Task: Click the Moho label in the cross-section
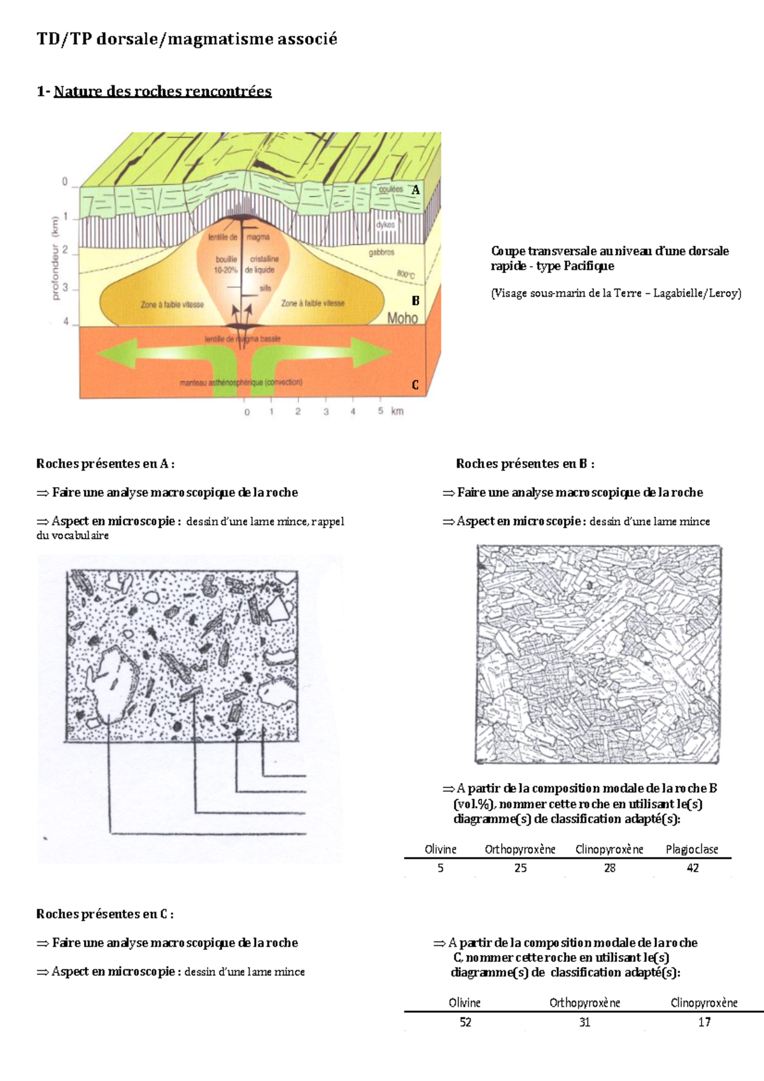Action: (402, 318)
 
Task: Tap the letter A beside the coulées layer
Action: (416, 190)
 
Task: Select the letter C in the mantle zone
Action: (415, 385)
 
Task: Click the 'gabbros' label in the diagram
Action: (381, 253)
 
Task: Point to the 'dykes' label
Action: (385, 225)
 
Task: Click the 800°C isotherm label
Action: (406, 274)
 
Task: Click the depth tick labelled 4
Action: (66, 321)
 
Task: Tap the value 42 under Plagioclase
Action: (693, 868)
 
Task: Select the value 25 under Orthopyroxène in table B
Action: (520, 868)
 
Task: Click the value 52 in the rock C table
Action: (465, 1022)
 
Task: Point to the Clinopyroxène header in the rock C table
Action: (704, 1003)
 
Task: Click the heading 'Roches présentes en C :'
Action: (104, 914)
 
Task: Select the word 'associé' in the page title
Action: (306, 39)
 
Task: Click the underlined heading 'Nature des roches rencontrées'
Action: (162, 91)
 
